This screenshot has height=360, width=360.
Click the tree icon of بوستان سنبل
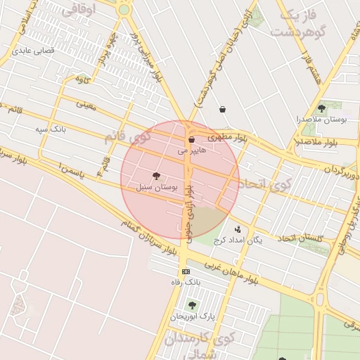[x=155, y=176]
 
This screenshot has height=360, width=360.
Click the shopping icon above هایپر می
[x=191, y=141]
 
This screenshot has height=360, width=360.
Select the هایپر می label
[x=192, y=150]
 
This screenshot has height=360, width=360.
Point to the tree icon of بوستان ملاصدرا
[x=322, y=108]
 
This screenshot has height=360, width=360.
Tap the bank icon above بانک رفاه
[x=185, y=271]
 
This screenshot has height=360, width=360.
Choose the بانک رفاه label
[x=186, y=282]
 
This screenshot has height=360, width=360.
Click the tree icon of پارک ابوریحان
[x=192, y=305]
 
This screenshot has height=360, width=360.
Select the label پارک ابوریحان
[x=193, y=316]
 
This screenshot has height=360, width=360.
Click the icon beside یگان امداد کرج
[x=238, y=229]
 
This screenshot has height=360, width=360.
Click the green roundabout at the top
[x=124, y=9]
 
